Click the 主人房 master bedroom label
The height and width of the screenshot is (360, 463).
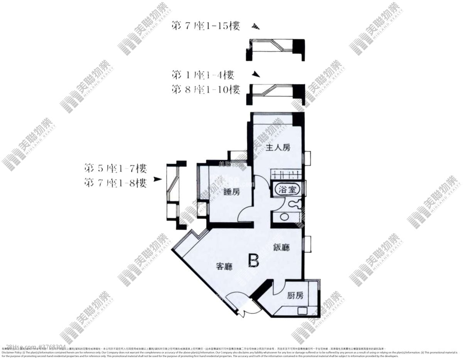(x=278, y=147)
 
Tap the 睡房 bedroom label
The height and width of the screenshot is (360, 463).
(x=231, y=192)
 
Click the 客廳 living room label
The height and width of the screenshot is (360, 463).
(x=224, y=266)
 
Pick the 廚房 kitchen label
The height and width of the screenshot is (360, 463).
(x=295, y=296)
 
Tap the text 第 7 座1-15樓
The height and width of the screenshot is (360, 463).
(x=206, y=26)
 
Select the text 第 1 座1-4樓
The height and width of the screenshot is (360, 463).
(x=203, y=74)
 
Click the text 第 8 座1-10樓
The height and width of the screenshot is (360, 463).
(x=206, y=90)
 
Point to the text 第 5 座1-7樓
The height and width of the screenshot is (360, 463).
(x=115, y=168)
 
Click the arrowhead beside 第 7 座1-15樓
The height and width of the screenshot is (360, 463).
(x=255, y=27)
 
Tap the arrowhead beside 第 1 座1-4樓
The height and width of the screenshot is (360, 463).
(x=254, y=74)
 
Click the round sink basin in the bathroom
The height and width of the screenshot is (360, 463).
(x=284, y=217)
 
